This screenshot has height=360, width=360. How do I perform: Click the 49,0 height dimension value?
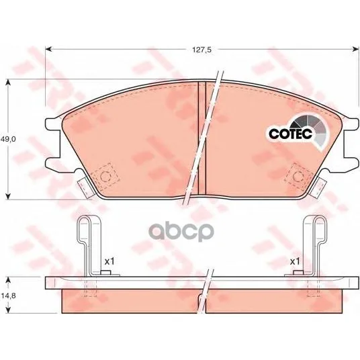point(8,139)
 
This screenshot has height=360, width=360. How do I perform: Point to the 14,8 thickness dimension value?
point(8,296)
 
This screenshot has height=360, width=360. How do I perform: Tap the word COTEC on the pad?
point(290,134)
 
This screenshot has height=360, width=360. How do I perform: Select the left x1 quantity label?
point(109,261)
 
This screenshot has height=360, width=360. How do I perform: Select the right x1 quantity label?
point(295,261)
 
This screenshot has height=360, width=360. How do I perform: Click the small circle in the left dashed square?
point(105,177)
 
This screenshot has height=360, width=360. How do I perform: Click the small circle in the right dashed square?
point(298,177)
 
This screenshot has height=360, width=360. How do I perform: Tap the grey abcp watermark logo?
point(181,231)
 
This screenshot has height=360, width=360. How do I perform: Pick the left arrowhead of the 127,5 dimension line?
point(48,49)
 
